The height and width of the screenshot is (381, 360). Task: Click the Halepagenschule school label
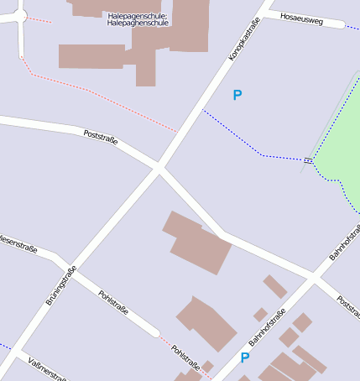pos(138,19)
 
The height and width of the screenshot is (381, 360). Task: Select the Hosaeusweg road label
pos(301,17)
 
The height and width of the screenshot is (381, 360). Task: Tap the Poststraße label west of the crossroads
pos(101,138)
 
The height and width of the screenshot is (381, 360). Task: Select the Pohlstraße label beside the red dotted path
pos(185,358)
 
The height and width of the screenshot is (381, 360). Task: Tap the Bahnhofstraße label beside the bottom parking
pos(267,328)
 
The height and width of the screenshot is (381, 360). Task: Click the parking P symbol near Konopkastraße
pos(237,96)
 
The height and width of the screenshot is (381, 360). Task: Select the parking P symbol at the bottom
pos(245,358)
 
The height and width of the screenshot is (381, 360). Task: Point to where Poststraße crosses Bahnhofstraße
pos(313,276)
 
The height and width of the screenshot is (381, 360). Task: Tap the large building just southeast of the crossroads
pos(198,243)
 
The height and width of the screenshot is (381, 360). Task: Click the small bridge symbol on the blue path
pos(309,159)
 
